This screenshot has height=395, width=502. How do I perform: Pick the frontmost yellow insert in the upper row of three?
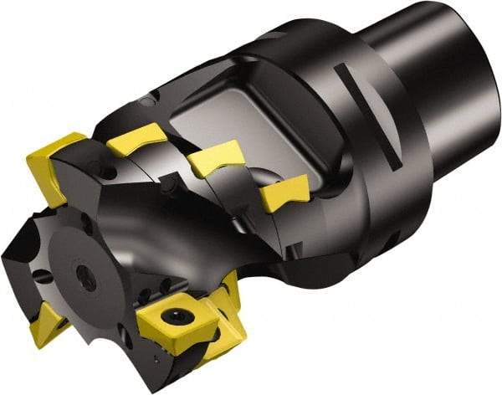138,138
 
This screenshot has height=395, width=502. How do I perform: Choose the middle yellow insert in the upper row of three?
216,156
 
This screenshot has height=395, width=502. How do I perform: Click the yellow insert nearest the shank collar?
284,192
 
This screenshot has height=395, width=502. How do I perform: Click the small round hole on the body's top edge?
147,100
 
